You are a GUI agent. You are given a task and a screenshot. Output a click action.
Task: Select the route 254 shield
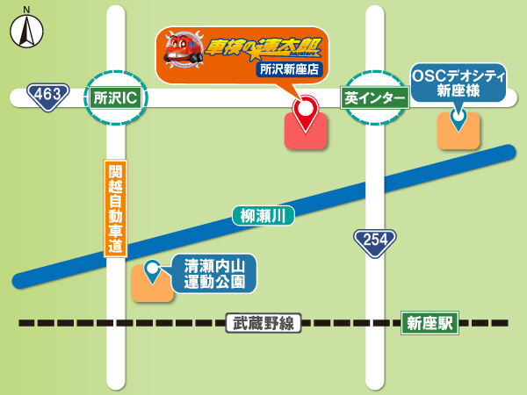[x=375, y=242]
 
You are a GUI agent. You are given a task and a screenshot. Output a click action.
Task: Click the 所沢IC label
[x=115, y=97]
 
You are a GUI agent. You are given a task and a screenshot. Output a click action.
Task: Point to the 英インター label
[x=375, y=97]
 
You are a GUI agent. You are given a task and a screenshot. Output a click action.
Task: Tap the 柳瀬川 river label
[x=263, y=215]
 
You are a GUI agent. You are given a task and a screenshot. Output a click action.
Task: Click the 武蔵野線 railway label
[x=263, y=323]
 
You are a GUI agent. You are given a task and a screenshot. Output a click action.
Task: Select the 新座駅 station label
[x=430, y=323]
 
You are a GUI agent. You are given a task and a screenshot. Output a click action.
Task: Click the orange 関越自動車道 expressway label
[x=115, y=209]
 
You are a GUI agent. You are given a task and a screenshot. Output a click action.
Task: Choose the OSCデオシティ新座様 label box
[x=458, y=83]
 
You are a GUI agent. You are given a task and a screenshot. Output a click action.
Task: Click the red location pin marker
[x=306, y=111]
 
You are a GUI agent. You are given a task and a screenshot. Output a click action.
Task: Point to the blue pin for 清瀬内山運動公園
[x=153, y=271]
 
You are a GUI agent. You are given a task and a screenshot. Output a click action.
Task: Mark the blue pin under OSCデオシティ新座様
[x=458, y=116]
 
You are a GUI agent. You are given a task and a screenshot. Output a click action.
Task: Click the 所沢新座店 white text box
[x=291, y=68]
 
